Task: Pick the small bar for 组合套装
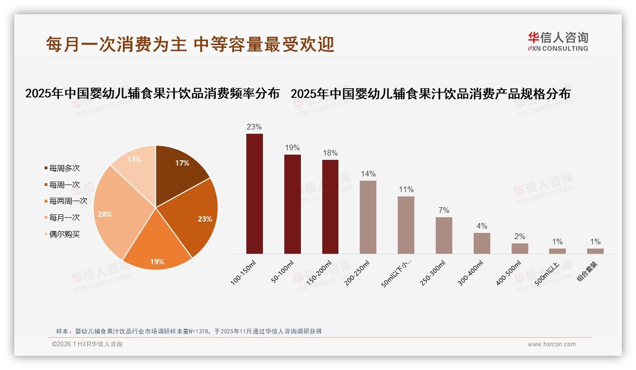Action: pyautogui.click(x=595, y=251)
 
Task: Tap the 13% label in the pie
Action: pyautogui.click(x=134, y=159)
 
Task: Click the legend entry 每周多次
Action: pyautogui.click(x=64, y=168)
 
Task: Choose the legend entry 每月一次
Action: pyautogui.click(x=64, y=218)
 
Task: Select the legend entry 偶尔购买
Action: pyautogui.click(x=64, y=234)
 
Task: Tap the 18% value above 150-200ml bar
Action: pyautogui.click(x=330, y=153)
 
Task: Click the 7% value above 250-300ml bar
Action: pyautogui.click(x=444, y=211)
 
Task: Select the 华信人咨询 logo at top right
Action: pyautogui.click(x=558, y=41)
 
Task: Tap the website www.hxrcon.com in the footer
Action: pyautogui.click(x=552, y=344)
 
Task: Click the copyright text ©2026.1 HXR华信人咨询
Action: pyautogui.click(x=87, y=344)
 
